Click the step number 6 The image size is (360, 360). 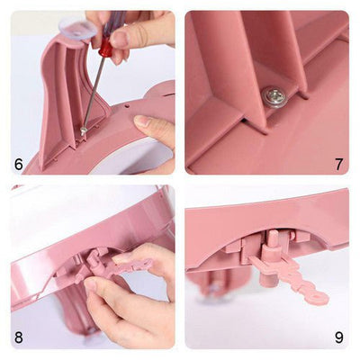pos(19,164)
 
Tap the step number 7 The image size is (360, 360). pos(338,164)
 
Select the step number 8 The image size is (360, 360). pos(19,337)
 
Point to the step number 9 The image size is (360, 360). pos(338,337)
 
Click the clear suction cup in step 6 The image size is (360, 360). pos(78,30)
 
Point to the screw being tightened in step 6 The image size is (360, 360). pos(83,131)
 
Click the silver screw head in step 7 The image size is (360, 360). pos(275,96)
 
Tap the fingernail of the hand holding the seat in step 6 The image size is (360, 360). pos(142,121)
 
